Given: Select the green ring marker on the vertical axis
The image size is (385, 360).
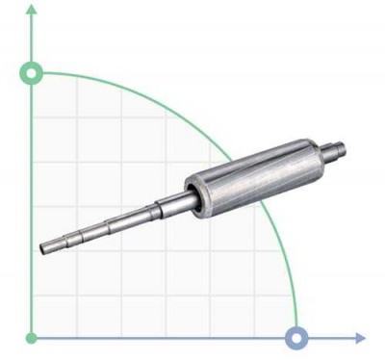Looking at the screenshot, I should click(x=32, y=73).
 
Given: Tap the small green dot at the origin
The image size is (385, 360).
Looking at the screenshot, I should click(x=32, y=338).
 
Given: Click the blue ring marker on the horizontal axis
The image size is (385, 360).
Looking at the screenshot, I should click(x=297, y=338).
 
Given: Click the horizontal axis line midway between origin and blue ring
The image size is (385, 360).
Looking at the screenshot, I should click(x=164, y=338).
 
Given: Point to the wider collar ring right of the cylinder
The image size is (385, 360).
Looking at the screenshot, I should click(x=329, y=151).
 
